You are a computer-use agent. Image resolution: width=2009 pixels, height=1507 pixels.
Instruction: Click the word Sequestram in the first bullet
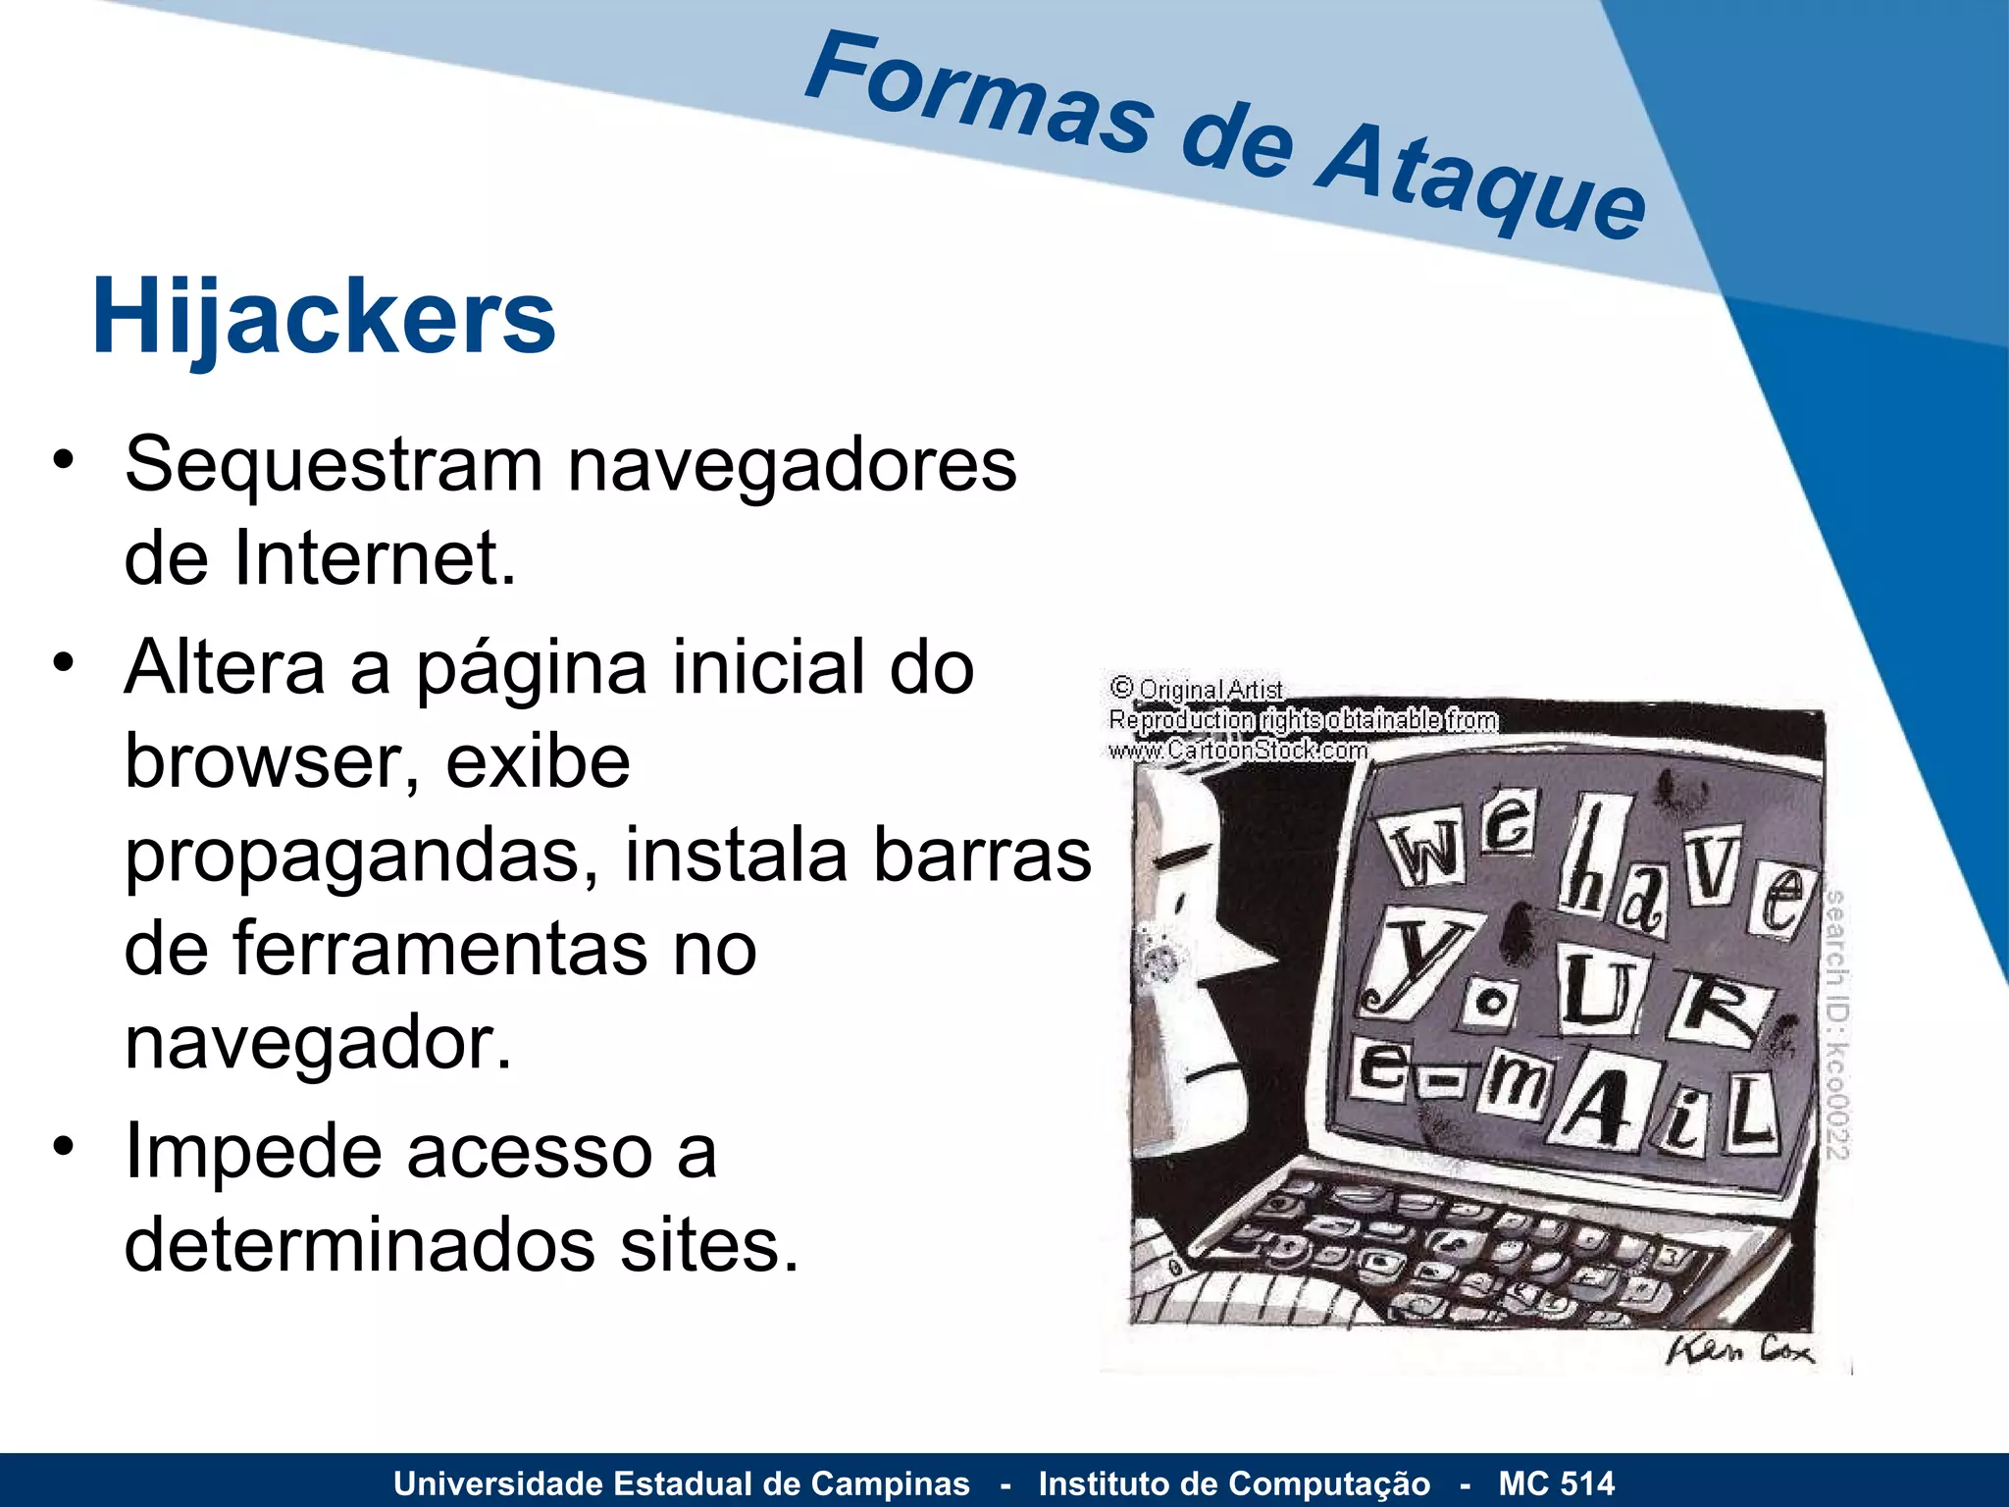pos(334,464)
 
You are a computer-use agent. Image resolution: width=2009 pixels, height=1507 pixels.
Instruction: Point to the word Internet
pos(374,558)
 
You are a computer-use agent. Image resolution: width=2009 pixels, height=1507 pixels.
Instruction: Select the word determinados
pos(359,1245)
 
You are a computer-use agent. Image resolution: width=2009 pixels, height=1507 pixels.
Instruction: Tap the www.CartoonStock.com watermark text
pos(1238,751)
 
